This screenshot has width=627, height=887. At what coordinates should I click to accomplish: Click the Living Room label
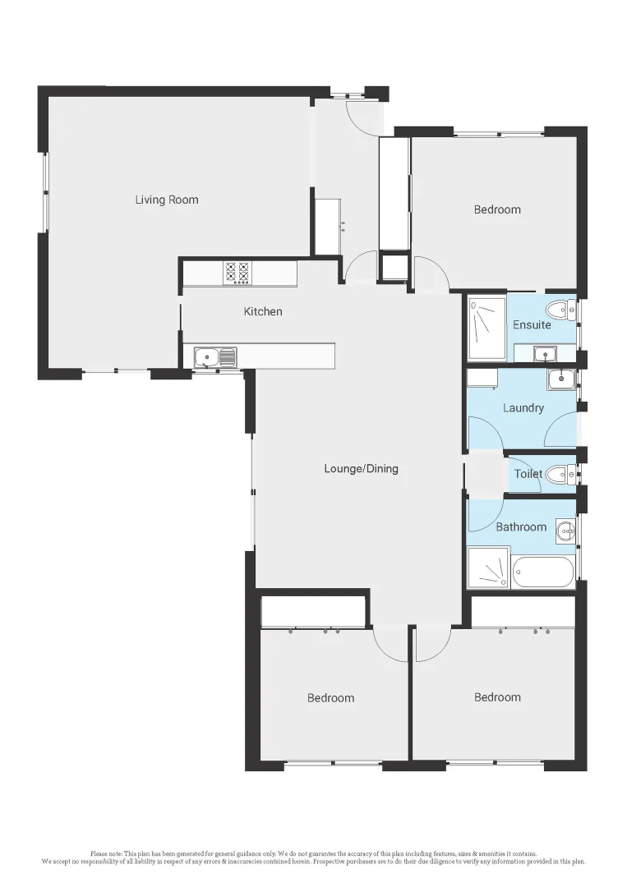tap(167, 200)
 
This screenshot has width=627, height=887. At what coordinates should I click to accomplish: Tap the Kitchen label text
tap(263, 311)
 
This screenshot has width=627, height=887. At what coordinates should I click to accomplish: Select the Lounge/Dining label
tap(361, 469)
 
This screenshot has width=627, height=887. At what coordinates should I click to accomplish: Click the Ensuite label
tap(532, 324)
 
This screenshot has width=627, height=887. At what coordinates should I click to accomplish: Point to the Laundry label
tap(523, 407)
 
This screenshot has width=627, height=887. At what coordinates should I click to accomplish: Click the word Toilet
tap(528, 474)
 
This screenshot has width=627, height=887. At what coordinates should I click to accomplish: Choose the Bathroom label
tap(521, 526)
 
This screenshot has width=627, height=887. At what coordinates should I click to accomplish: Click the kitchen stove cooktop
tap(237, 273)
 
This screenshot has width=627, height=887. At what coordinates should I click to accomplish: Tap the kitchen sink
tap(215, 356)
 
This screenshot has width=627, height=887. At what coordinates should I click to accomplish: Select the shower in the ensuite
tap(487, 328)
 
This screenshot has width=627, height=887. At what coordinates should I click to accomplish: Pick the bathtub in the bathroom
tap(542, 572)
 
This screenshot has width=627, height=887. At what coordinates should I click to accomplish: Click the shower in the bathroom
tap(488, 568)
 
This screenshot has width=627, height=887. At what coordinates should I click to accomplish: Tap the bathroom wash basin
tap(565, 531)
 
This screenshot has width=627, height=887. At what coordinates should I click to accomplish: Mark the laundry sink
tap(560, 379)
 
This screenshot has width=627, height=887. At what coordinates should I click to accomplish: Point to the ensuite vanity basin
tap(543, 354)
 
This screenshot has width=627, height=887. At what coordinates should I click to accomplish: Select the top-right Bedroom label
tap(497, 209)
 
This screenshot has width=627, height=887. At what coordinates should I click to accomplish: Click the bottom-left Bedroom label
tap(330, 698)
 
